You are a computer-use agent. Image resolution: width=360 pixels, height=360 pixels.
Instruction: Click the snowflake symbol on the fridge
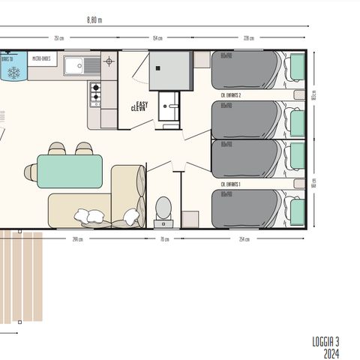(x=13, y=73)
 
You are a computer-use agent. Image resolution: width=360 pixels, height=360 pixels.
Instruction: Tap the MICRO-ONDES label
(x=42, y=57)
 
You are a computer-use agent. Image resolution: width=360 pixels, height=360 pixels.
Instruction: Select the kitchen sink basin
(x=74, y=66)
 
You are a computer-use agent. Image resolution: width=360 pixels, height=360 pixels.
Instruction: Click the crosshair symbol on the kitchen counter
(x=109, y=61)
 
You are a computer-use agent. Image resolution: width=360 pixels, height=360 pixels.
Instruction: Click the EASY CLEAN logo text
(x=140, y=106)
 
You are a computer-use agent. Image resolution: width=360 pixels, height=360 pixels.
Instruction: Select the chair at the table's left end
(x=31, y=172)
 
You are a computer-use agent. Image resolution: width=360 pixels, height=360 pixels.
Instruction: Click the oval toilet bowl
(x=163, y=208)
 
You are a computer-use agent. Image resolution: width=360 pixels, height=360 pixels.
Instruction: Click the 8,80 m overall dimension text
(x=93, y=20)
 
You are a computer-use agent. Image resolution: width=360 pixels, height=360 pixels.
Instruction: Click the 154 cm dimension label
(x=157, y=39)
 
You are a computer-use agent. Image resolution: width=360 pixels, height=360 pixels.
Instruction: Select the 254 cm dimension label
(x=244, y=239)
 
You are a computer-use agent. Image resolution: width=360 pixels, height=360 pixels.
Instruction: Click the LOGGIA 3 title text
(x=327, y=341)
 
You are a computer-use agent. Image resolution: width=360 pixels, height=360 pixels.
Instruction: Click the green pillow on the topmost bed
(x=297, y=68)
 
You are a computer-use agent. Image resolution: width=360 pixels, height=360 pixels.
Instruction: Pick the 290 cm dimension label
(x=77, y=239)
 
